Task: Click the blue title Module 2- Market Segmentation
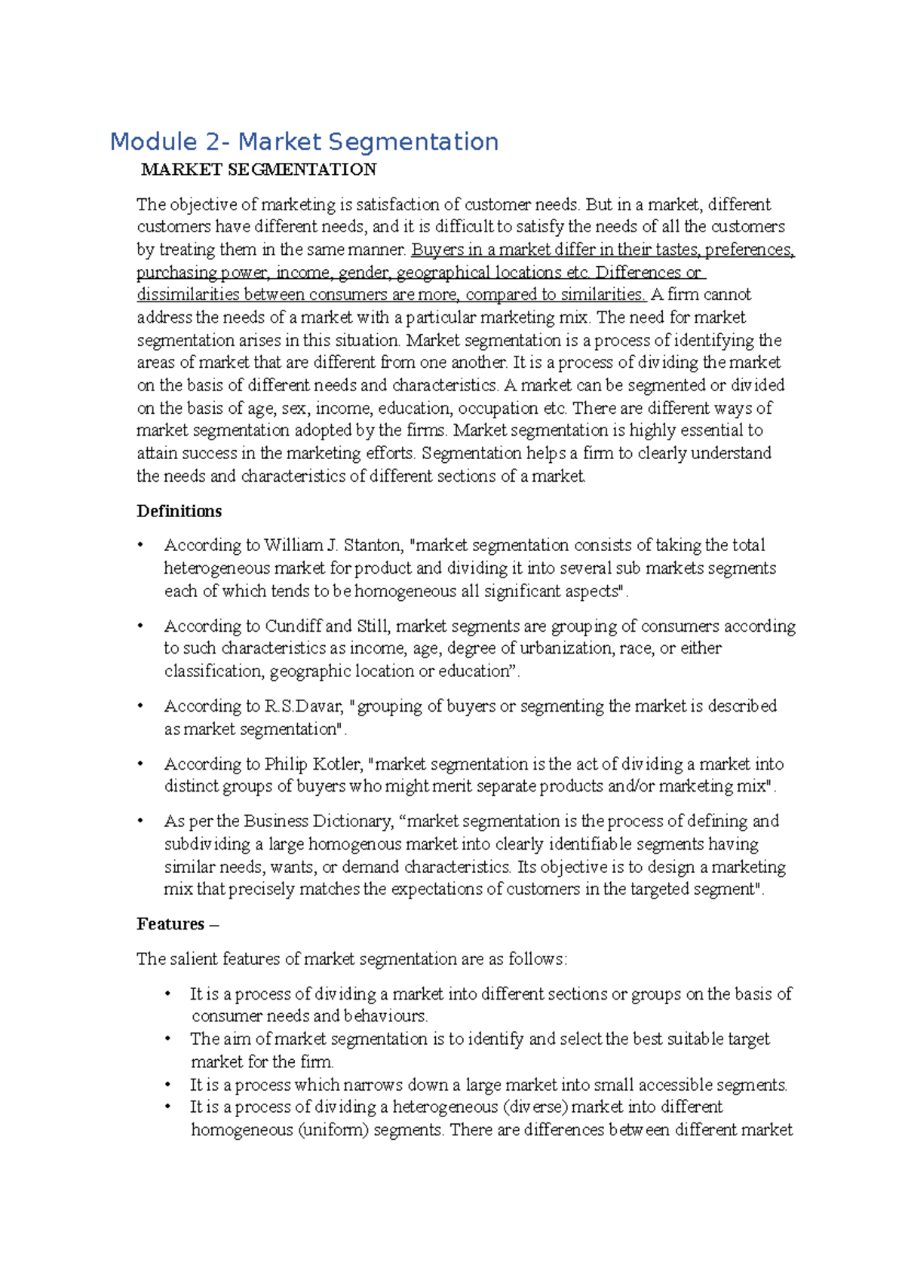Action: point(304,142)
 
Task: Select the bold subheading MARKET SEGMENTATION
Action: point(259,170)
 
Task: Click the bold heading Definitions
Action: point(179,511)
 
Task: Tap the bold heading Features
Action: point(170,924)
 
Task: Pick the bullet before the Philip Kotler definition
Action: point(140,764)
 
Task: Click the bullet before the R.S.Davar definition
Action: point(140,706)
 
